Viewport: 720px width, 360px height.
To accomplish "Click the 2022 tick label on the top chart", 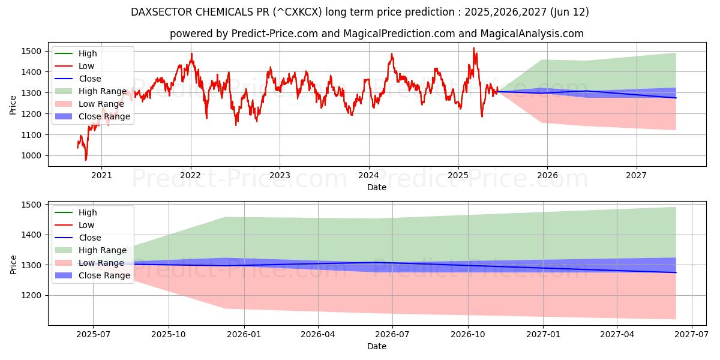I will tap(190, 175).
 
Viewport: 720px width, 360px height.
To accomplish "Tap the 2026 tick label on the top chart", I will tap(547, 175).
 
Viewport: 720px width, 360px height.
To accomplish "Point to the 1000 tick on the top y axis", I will tap(33, 156).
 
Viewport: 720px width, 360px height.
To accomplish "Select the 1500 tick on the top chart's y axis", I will tap(33, 52).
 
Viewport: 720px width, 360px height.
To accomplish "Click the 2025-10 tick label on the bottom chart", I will tap(169, 335).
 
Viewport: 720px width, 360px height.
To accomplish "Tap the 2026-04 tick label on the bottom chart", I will tap(318, 335).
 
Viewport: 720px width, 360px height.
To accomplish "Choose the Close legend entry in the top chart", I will tap(90, 79).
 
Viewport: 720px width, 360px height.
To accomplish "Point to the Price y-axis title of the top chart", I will tap(13, 106).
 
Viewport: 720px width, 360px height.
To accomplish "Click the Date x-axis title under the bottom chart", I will tap(377, 346).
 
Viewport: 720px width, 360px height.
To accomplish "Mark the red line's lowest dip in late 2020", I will tap(86, 160).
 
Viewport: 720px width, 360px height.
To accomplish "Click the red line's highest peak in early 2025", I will tap(473, 48).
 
